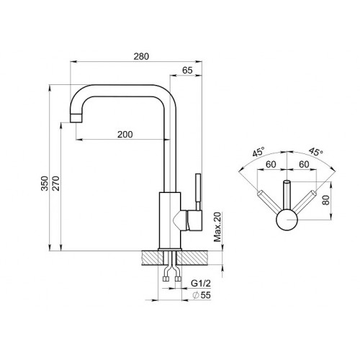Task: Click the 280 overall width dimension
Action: (x=141, y=56)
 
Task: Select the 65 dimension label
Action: (x=187, y=71)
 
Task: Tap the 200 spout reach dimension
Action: (x=125, y=135)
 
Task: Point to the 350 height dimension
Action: (x=45, y=184)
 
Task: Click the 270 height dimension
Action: (x=56, y=184)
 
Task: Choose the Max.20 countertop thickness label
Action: (x=217, y=227)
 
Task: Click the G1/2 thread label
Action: (x=201, y=284)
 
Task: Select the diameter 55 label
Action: (x=202, y=295)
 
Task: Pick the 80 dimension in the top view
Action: (x=325, y=199)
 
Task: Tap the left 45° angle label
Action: (x=258, y=152)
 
